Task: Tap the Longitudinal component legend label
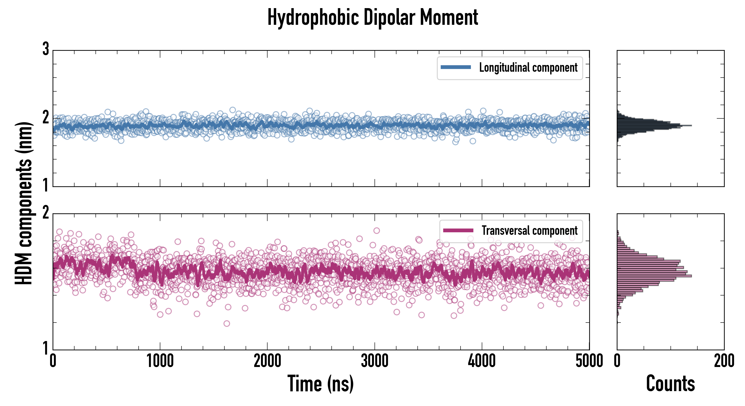coord(528,68)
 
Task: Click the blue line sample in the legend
coord(456,67)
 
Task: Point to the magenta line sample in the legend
coord(458,230)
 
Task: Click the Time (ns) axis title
coord(320,383)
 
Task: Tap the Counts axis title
coord(670,383)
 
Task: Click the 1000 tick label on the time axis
coord(160,361)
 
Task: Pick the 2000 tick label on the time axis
coord(267,361)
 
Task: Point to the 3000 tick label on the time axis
coord(375,361)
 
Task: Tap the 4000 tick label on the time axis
coord(482,361)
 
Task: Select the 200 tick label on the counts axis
coord(724,361)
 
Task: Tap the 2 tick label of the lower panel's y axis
coord(46,213)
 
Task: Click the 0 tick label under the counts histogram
coord(617,361)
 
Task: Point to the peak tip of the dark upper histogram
coord(691,125)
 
